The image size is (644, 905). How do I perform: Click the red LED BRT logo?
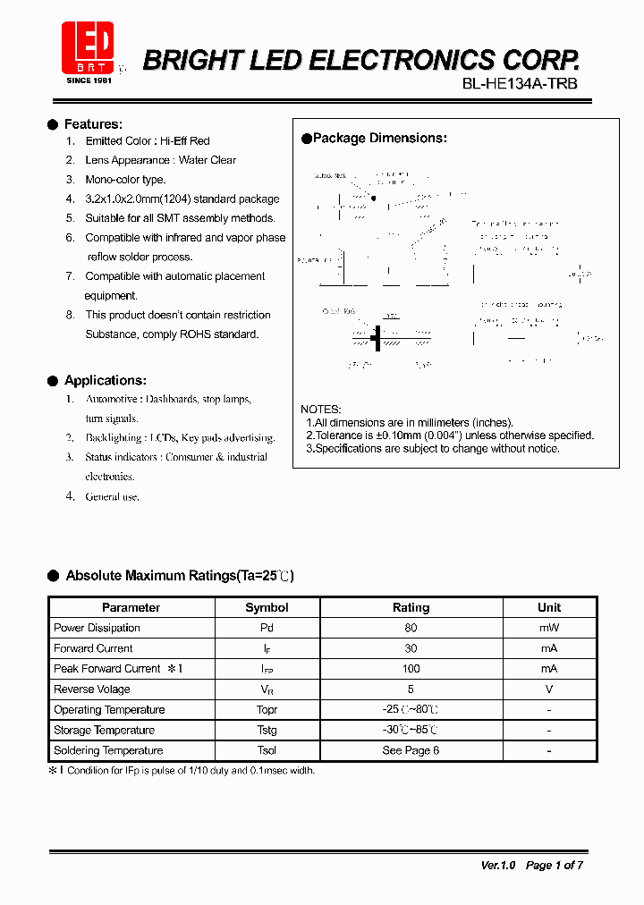tap(88, 48)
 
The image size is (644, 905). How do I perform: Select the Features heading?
tap(93, 124)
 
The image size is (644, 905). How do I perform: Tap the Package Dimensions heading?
tap(379, 139)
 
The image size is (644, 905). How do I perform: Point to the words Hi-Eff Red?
tap(185, 141)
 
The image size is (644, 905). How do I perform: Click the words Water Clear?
tap(208, 160)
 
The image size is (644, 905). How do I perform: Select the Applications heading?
tap(105, 381)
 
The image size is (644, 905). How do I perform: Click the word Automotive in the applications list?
tap(112, 399)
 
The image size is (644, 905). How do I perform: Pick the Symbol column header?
tap(267, 607)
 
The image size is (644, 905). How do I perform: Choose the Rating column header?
tap(411, 607)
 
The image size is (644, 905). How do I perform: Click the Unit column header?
tap(549, 607)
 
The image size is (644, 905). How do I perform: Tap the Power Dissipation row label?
tap(97, 628)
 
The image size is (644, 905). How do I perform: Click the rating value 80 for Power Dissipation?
tap(411, 628)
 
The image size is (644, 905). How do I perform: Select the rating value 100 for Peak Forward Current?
tap(411, 669)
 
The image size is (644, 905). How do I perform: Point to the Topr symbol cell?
tap(267, 710)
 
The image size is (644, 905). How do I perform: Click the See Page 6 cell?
tap(411, 750)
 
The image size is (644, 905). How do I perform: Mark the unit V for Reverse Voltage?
tap(549, 689)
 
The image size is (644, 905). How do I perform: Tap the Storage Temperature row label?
tap(104, 731)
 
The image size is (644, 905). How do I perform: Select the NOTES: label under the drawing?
tap(320, 409)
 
